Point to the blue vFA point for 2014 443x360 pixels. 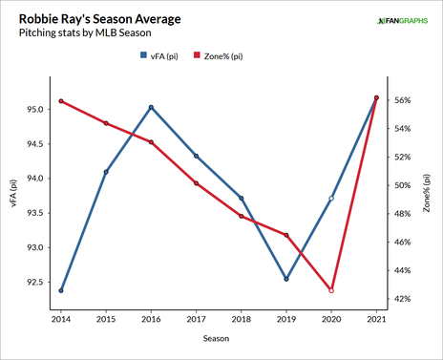60,290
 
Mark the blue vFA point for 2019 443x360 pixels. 286,279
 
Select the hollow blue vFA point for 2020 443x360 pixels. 331,199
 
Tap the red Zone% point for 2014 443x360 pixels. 60,101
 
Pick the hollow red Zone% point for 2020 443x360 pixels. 331,290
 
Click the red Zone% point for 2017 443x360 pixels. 196,183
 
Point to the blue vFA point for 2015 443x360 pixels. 105,172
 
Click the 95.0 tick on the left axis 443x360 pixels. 36,110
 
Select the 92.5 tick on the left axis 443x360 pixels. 36,282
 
